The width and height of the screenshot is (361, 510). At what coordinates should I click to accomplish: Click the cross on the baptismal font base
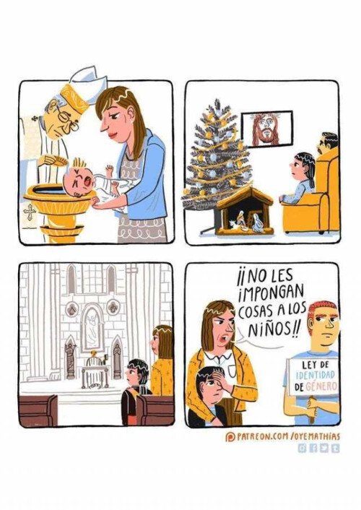coord(30,212)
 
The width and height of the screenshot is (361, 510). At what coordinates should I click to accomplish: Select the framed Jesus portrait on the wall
coord(266,129)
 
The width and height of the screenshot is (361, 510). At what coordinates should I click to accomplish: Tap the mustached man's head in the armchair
coord(328,144)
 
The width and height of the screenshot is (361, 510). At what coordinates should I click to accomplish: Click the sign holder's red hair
coord(323,308)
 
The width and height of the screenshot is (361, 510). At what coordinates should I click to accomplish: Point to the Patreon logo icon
coord(230,437)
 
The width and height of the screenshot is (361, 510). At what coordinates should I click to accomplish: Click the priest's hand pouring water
coord(52,160)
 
